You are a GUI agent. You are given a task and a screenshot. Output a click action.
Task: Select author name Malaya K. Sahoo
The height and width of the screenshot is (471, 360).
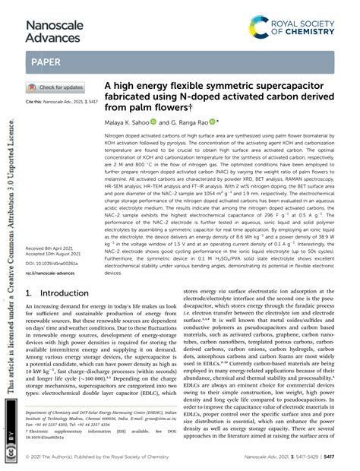tap(131, 121)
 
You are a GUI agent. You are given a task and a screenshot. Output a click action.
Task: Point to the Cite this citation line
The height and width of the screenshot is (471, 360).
tap(61, 101)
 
